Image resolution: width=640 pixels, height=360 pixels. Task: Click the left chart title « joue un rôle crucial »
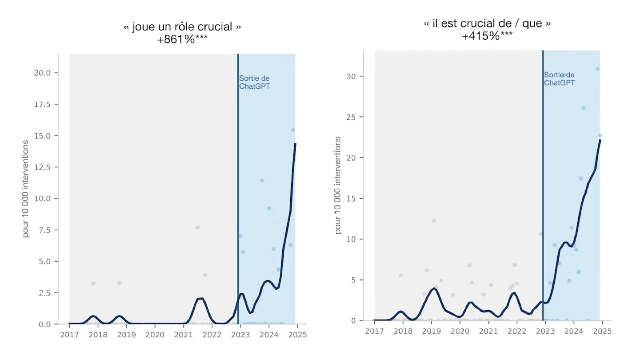(x=182, y=27)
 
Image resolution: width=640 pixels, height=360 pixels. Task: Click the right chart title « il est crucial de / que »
(x=487, y=23)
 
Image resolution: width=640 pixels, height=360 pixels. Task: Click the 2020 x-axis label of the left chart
(x=155, y=335)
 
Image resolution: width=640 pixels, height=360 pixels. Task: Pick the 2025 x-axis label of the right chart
(x=602, y=331)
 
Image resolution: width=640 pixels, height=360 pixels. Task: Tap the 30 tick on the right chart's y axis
(x=351, y=76)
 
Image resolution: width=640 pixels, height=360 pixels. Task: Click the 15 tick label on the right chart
(x=351, y=199)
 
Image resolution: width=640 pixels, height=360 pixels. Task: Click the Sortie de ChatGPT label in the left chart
(x=254, y=82)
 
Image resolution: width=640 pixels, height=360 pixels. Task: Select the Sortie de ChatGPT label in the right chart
(x=559, y=79)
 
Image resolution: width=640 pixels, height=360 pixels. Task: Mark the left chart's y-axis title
(x=26, y=189)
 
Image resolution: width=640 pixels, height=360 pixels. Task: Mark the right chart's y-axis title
(x=338, y=185)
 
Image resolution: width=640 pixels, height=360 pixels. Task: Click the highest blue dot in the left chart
(x=293, y=130)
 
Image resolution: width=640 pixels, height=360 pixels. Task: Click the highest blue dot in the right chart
(x=598, y=69)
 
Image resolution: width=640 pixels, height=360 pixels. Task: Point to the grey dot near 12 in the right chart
(x=434, y=221)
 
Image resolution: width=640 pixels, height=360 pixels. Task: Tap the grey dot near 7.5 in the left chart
(x=198, y=228)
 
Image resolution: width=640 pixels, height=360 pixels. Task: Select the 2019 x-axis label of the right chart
(x=431, y=331)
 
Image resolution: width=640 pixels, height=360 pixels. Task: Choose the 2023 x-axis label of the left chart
(x=240, y=335)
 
